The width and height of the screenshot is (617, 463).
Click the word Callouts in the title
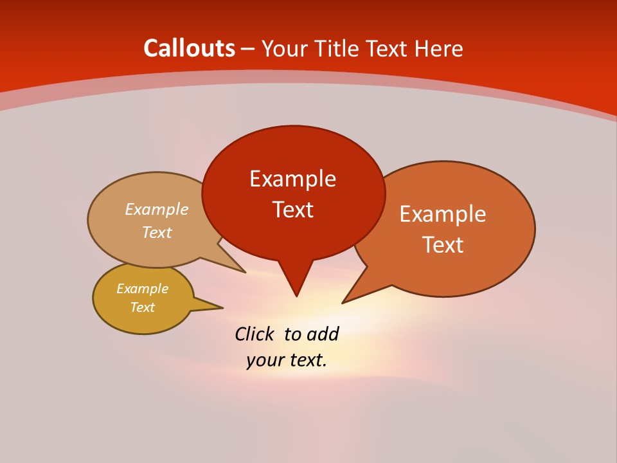coord(189,48)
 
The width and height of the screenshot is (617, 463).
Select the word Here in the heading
coord(439,48)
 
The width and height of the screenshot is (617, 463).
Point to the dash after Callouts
coord(248,50)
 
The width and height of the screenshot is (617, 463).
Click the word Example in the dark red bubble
coord(292,179)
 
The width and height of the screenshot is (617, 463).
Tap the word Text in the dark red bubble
coord(292,210)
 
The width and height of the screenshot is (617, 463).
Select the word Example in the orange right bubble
coord(443,214)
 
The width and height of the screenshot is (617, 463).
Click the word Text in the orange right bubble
coord(443,245)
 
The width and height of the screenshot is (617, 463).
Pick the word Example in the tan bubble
coord(157,210)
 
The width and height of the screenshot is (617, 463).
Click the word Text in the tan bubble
coord(157,233)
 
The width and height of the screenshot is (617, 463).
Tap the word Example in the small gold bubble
coord(142,289)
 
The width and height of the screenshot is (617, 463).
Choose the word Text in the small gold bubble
coord(142,307)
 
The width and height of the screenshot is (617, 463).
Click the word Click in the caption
coord(255,334)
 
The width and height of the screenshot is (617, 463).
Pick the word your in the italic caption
coord(264,361)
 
